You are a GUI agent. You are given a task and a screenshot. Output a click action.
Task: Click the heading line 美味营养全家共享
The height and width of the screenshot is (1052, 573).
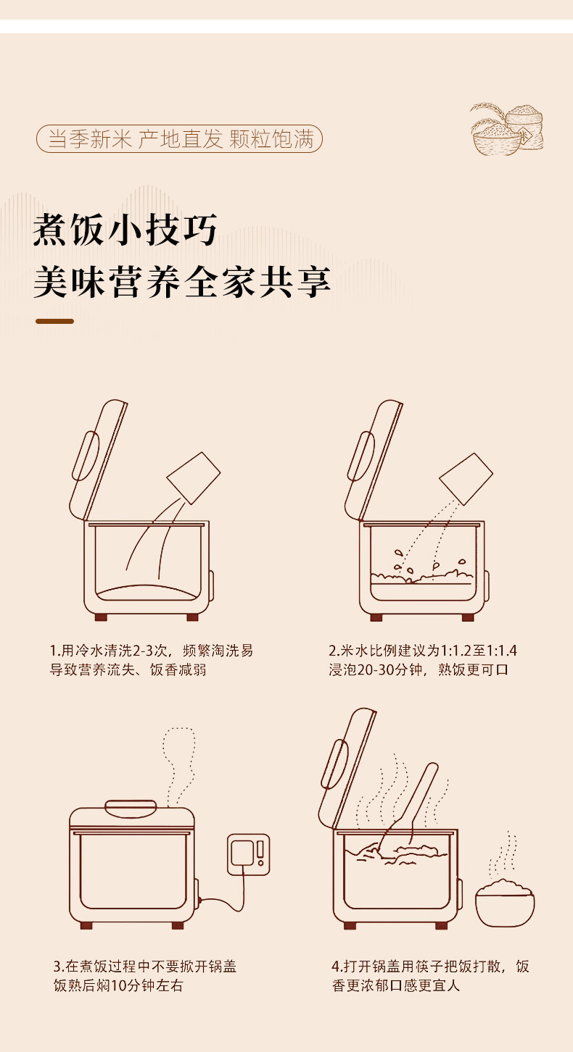[x=182, y=282]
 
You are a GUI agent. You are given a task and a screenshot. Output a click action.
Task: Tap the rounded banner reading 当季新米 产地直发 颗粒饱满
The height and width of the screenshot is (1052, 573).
[x=179, y=138]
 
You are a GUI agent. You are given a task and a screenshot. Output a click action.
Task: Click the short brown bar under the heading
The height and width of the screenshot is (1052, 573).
[x=54, y=321]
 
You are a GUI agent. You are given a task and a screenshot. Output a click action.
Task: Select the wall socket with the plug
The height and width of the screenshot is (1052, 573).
[x=248, y=855]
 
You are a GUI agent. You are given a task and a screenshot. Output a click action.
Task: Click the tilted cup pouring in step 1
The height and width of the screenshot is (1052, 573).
[x=193, y=478]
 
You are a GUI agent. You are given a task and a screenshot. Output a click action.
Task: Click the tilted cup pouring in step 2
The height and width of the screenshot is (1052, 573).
[x=466, y=479]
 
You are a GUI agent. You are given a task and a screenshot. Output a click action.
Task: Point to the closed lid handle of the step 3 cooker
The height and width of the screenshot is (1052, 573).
[x=131, y=809]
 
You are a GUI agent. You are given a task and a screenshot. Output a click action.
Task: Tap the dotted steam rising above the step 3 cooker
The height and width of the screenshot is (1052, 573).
[x=178, y=767]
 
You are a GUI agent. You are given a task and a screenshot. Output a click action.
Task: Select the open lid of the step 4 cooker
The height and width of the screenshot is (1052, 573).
[x=347, y=768]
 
